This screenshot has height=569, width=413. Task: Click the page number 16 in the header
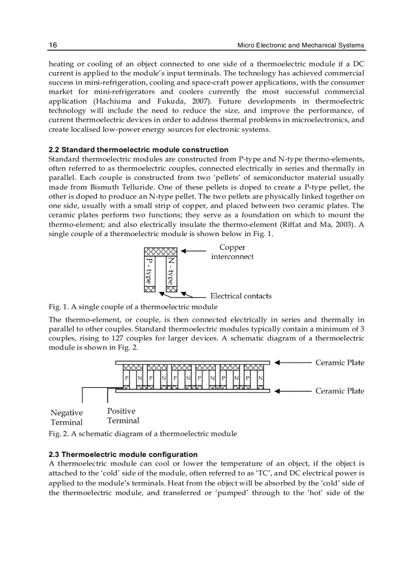tap(53, 45)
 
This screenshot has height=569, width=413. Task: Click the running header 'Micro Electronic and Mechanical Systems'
tap(301, 45)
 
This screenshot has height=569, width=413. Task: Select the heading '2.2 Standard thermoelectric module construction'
tap(138, 150)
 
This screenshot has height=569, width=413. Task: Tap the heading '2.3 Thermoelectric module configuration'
tap(123, 454)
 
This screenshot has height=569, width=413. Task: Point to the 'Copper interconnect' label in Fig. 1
tap(232, 252)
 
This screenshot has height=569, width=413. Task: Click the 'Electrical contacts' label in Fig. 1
tap(241, 296)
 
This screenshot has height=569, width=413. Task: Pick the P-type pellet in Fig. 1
tap(149, 271)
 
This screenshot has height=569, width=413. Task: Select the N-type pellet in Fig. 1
tap(172, 271)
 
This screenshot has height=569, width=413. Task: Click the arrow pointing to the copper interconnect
tap(194, 251)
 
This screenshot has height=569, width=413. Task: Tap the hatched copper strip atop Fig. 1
tap(160, 251)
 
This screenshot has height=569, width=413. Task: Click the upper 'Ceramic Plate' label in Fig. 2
tap(340, 362)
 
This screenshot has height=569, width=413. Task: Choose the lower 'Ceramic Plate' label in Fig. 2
tap(340, 391)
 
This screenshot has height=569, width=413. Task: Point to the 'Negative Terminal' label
tap(66, 418)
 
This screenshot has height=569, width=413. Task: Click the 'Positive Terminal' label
tap(122, 415)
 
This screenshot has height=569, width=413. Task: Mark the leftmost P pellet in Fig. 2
tap(127, 378)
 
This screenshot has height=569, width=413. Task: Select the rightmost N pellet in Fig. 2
tap(260, 378)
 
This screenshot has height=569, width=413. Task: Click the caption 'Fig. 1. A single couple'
tap(133, 307)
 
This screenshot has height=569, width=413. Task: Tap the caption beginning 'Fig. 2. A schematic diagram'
tap(143, 434)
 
